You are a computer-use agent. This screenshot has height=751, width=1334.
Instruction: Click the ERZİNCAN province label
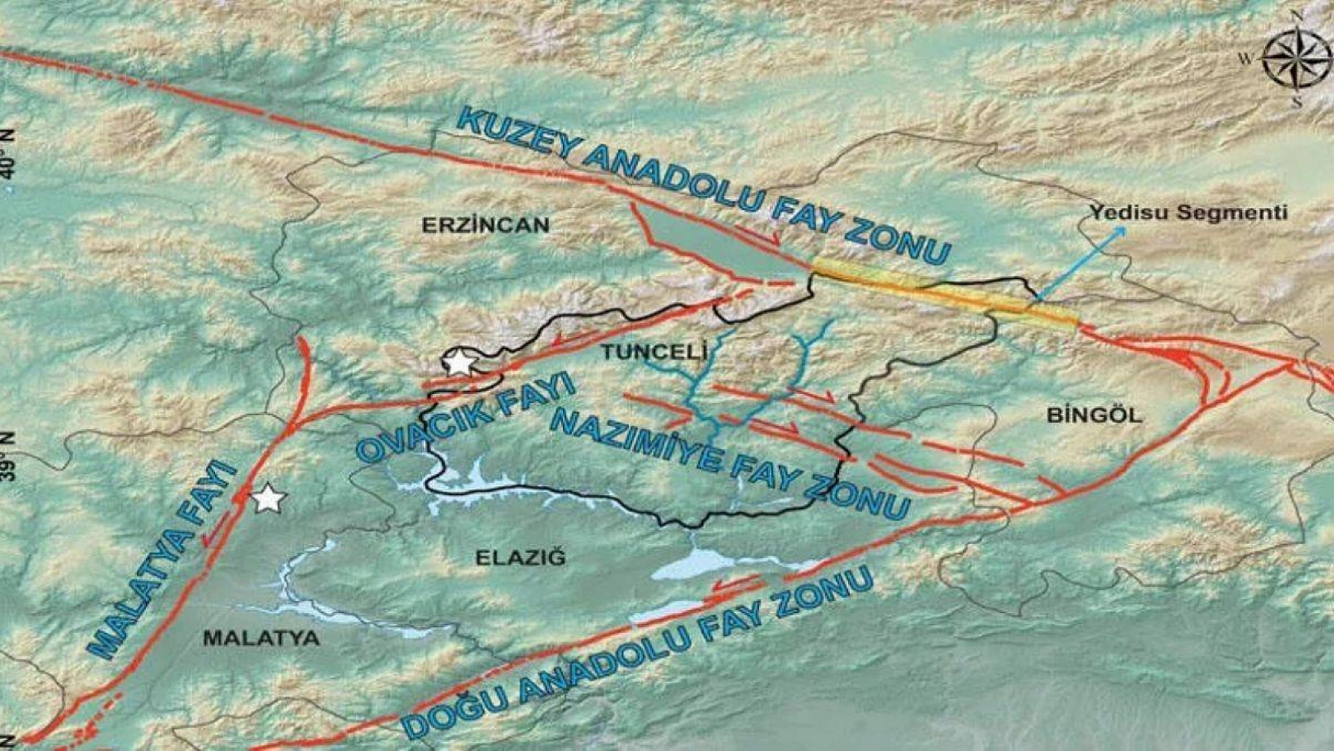coord(485,225)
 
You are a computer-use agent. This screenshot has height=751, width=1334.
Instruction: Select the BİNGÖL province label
coord(1094,415)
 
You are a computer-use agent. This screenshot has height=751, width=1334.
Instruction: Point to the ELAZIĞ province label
coord(521,558)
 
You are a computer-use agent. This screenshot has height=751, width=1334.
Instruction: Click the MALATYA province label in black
coord(261,638)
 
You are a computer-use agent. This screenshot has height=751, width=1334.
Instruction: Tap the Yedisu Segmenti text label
coord(1187,213)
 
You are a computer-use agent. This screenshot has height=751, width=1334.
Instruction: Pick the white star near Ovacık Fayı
coord(458,362)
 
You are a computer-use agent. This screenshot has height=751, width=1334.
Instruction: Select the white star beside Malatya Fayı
coord(268,499)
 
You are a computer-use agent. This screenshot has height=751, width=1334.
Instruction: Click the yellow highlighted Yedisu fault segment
coord(944,293)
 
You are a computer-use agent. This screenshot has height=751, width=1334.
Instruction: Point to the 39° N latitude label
coord(8,456)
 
